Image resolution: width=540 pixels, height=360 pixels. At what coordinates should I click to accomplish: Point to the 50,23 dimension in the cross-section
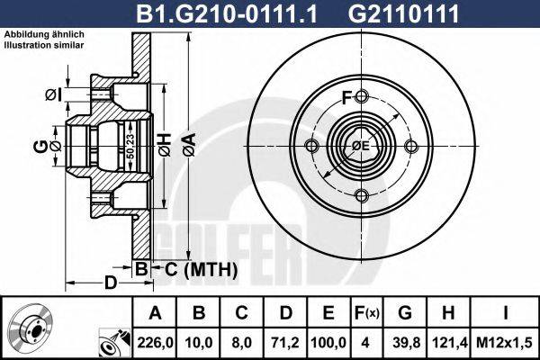click(x=130, y=145)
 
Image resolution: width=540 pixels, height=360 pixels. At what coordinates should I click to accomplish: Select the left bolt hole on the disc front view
click(x=312, y=147)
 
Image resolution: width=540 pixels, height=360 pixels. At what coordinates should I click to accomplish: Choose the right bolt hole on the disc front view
click(x=411, y=147)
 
